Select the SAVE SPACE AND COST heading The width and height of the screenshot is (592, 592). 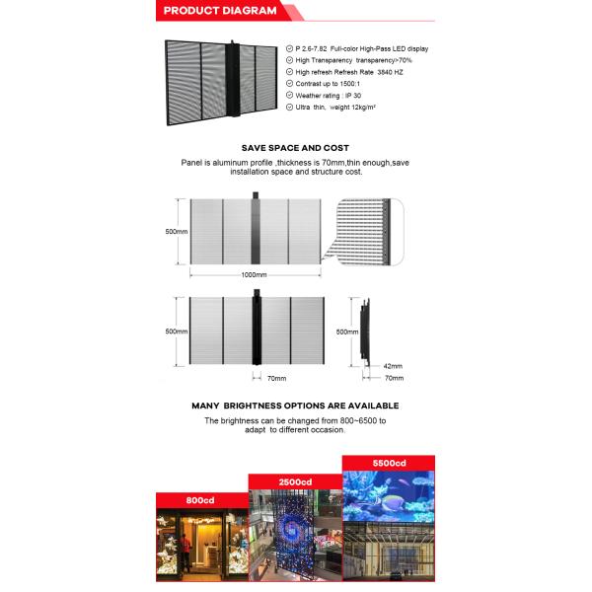pyautogui.click(x=295, y=147)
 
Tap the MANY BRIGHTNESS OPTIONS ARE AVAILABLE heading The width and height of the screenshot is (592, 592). pyautogui.click(x=295, y=406)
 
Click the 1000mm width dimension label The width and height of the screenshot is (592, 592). pyautogui.click(x=255, y=274)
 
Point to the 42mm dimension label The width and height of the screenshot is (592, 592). pyautogui.click(x=393, y=366)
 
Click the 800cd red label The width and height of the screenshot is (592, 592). pyautogui.click(x=199, y=500)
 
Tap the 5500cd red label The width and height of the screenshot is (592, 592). pyautogui.click(x=388, y=463)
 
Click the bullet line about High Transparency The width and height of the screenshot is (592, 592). pyautogui.click(x=353, y=60)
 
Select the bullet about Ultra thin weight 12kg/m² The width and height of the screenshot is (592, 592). pyautogui.click(x=345, y=107)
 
